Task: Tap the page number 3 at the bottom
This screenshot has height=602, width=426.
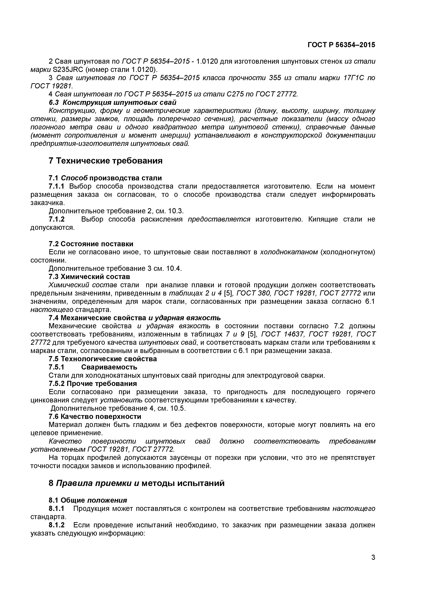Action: tap(373, 565)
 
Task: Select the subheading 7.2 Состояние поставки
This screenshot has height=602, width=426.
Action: tap(91, 244)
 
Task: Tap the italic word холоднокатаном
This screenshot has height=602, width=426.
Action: tap(289, 252)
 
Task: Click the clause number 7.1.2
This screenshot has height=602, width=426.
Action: tap(57, 219)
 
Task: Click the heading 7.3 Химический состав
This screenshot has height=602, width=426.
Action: tap(89, 277)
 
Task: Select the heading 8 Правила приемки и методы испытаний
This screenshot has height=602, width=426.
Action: tap(137, 483)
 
